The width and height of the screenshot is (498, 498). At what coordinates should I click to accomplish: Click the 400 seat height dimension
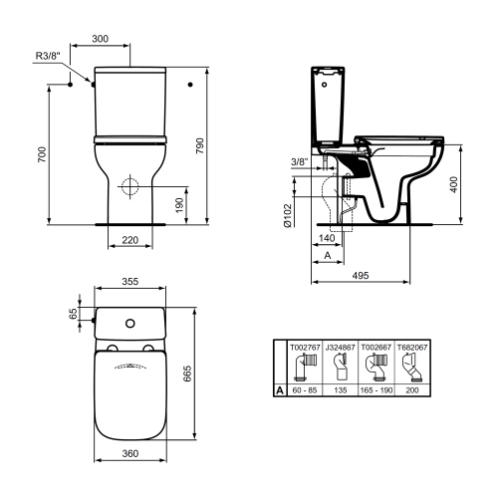454,186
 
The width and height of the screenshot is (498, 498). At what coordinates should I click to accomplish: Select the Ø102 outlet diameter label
287,215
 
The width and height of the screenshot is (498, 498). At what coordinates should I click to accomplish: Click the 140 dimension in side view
327,240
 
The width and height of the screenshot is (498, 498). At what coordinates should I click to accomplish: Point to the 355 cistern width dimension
129,283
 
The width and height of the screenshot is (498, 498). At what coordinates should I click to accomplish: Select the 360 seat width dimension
129,454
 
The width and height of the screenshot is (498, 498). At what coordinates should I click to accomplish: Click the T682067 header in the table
411,349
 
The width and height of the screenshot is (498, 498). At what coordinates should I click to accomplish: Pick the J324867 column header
342,349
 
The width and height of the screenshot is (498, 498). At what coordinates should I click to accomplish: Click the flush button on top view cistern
129,325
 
